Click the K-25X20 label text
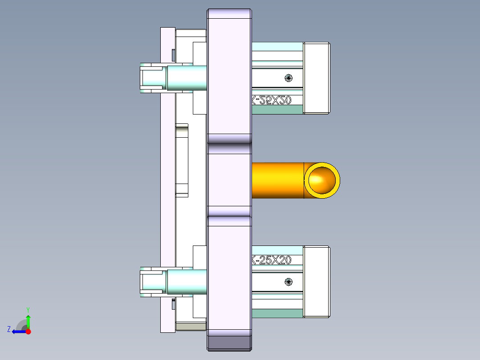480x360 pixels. (x=271, y=260)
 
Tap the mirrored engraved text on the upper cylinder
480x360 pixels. (x=271, y=101)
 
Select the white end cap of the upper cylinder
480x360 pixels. (x=316, y=78)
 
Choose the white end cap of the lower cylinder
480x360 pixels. (x=316, y=282)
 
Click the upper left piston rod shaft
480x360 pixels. (x=187, y=78)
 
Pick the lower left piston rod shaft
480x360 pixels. (x=187, y=282)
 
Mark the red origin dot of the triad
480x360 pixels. (x=28, y=331)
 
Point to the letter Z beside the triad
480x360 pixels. (x=9, y=329)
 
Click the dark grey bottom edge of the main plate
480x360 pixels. (x=229, y=343)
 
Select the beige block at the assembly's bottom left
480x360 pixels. (x=191, y=327)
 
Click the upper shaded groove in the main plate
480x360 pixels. (x=229, y=149)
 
